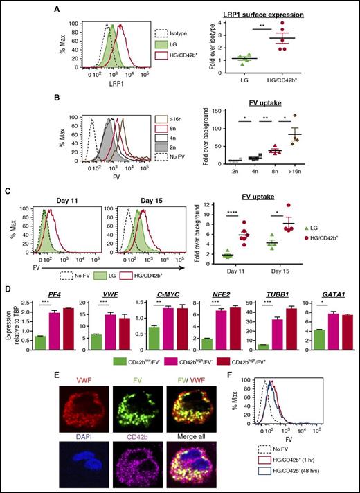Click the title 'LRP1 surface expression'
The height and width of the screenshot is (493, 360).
coord(286,15)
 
